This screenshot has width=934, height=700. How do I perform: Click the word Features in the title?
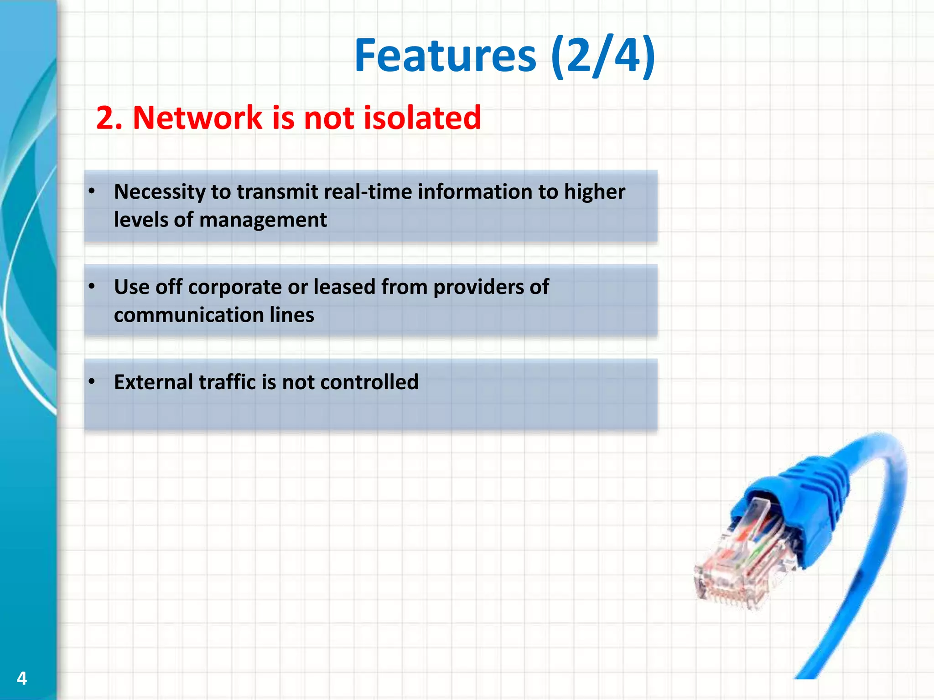(x=445, y=56)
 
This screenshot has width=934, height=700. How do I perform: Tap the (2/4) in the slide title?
(x=603, y=56)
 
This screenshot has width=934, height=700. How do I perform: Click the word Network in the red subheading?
(x=197, y=118)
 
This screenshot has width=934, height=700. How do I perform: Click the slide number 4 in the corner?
(x=21, y=679)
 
